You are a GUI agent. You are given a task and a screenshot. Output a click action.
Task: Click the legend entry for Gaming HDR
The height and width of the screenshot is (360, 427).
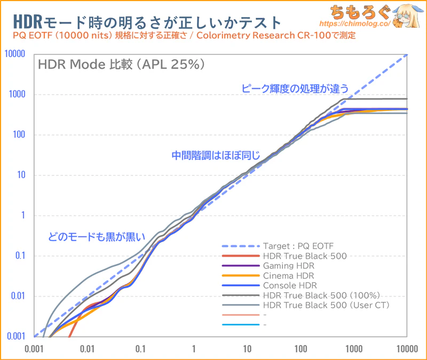tap(288, 266)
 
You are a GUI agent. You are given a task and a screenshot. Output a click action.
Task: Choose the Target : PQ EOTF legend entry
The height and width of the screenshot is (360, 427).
tap(297, 246)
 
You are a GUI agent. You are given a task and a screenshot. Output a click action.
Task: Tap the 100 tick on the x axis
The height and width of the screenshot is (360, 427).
tap(301, 349)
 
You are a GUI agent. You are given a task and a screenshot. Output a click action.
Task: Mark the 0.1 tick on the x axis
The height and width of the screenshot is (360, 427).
tap(140, 349)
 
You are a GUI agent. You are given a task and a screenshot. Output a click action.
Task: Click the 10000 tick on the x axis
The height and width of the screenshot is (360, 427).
tap(407, 349)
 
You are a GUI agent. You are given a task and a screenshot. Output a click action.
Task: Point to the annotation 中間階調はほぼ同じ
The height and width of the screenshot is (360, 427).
tap(216, 156)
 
